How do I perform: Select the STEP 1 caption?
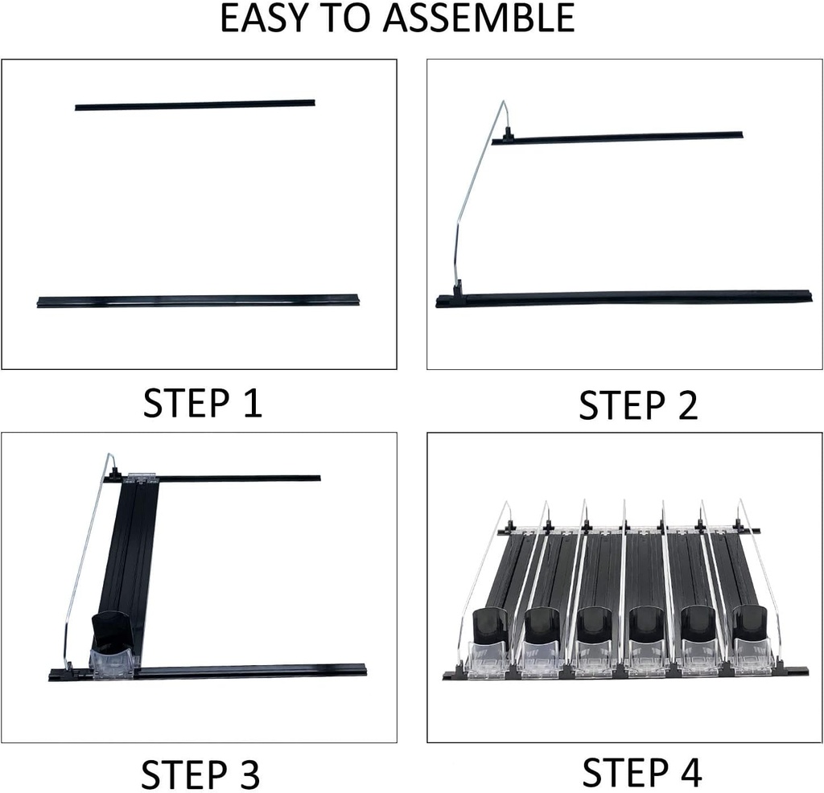tap(202, 403)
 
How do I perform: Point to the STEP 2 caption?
tap(638, 405)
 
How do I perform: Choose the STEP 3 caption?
tap(200, 774)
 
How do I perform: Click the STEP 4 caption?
tap(641, 772)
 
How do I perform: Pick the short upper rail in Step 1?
tap(195, 104)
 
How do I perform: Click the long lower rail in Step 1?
tap(198, 301)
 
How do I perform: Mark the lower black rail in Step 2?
tap(624, 299)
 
